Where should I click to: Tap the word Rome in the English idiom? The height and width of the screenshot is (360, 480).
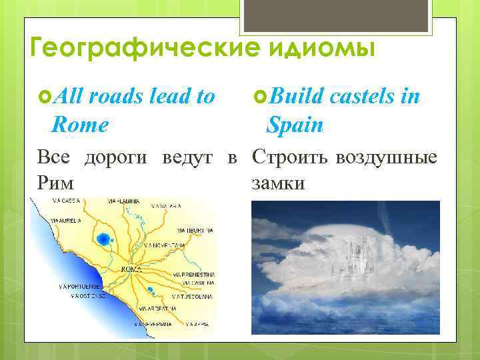tap(82, 124)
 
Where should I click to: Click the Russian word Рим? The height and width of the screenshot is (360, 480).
tap(55, 181)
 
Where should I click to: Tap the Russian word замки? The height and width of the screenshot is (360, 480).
tap(278, 181)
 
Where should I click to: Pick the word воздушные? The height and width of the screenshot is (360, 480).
tap(387, 157)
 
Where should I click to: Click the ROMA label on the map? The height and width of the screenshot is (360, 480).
tap(131, 269)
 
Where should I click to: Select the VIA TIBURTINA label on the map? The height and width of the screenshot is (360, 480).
tap(195, 230)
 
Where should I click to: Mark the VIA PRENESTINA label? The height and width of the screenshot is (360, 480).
tap(194, 274)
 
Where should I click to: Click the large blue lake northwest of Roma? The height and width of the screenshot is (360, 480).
tap(103, 238)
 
